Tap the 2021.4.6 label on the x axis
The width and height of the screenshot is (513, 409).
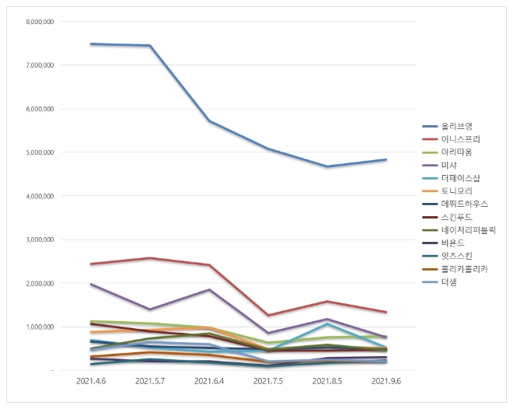[x=92, y=382]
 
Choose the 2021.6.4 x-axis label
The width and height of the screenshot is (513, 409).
[x=208, y=382]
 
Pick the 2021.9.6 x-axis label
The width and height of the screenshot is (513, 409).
[x=386, y=382]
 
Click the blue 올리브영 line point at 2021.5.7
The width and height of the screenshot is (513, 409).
[x=150, y=46]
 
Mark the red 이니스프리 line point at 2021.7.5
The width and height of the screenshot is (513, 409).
[x=268, y=316]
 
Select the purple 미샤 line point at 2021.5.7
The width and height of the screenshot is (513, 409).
[x=150, y=309]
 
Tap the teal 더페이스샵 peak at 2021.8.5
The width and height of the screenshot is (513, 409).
[x=327, y=323]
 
